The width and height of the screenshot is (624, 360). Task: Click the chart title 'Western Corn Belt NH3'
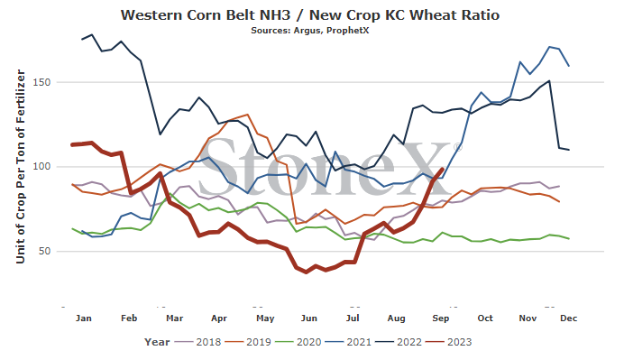click(206, 15)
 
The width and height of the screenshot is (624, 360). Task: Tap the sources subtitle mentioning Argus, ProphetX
click(310, 31)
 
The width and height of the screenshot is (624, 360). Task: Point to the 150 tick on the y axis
click(41, 82)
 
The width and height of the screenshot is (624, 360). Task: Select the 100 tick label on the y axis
click(41, 166)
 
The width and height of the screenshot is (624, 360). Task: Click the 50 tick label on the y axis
click(44, 252)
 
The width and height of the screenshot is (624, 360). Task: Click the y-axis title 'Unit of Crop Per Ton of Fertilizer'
click(21, 166)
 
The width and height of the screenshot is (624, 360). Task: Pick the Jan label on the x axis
click(84, 318)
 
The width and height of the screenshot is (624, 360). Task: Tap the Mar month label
click(174, 318)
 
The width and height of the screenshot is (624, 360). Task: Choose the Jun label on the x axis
click(308, 318)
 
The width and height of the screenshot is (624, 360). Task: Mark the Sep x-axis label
click(441, 318)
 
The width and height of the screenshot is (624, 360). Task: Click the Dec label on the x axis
click(569, 318)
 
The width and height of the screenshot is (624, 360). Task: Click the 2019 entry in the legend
click(248, 342)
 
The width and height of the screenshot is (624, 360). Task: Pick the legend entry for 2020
click(298, 342)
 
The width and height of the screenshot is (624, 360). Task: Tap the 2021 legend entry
click(349, 342)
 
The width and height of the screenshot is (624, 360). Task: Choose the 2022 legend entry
click(399, 342)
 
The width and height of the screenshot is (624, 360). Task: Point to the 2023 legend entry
click(449, 342)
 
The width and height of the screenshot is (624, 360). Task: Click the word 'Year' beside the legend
click(157, 342)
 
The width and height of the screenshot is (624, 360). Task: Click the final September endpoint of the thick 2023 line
click(443, 169)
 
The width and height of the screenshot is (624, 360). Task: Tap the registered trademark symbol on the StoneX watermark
click(458, 147)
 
